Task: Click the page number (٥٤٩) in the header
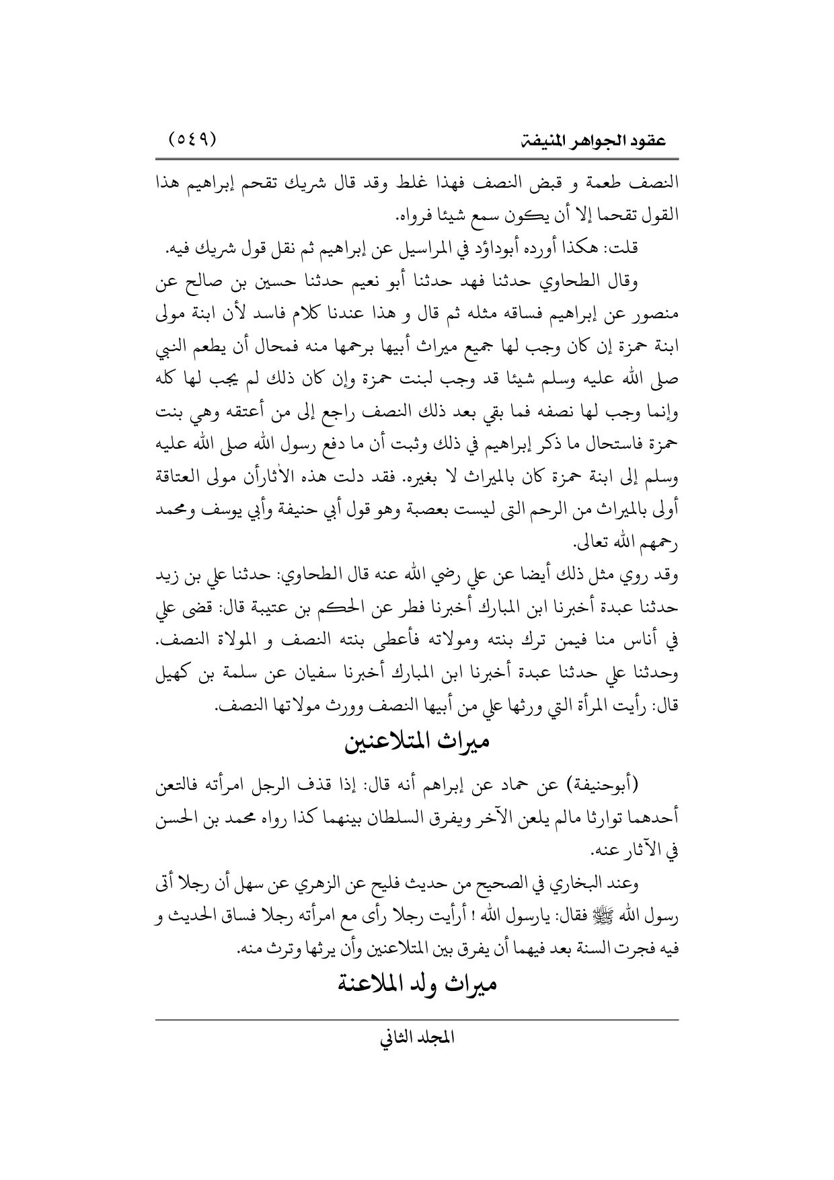tap(191, 140)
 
